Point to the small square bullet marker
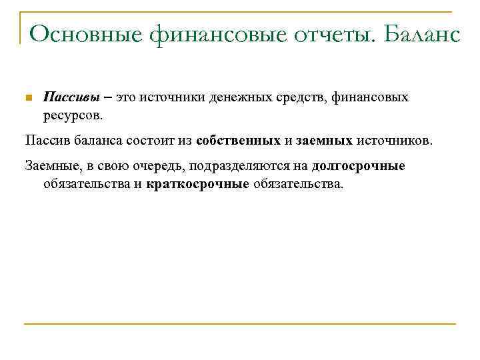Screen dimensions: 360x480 coord(27,98)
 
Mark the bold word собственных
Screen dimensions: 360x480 coord(238,141)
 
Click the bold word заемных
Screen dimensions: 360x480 coord(324,141)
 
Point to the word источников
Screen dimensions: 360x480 coord(394,141)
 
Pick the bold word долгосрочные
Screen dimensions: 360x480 coord(358,167)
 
